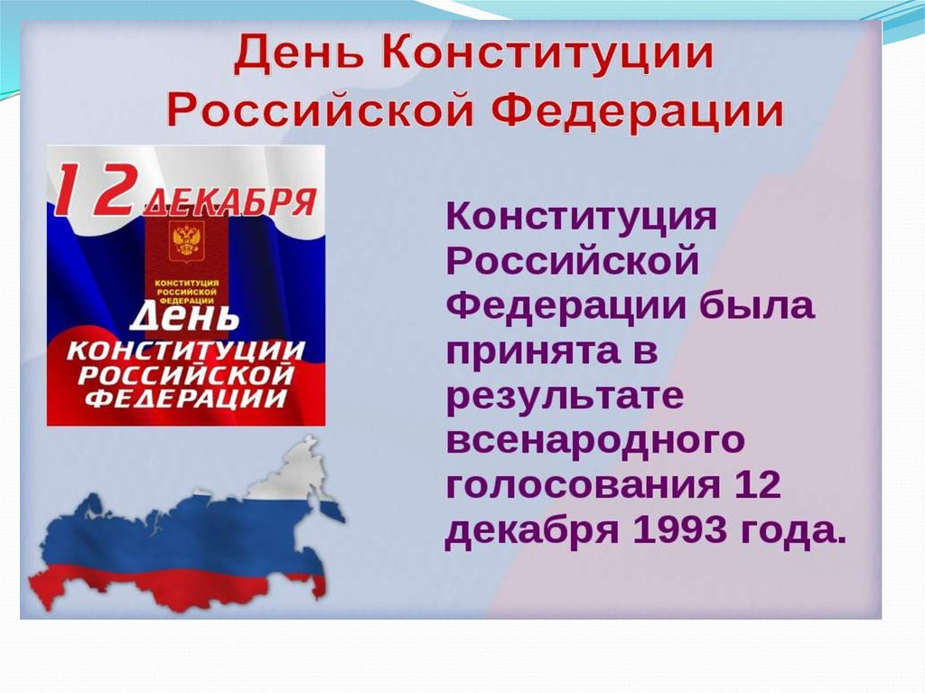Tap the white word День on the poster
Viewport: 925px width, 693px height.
coord(184,317)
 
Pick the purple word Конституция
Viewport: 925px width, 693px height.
coord(582,216)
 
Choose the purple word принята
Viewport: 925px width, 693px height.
coord(533,352)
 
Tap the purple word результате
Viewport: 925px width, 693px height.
coord(565,397)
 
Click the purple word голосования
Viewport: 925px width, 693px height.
coord(584,486)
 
